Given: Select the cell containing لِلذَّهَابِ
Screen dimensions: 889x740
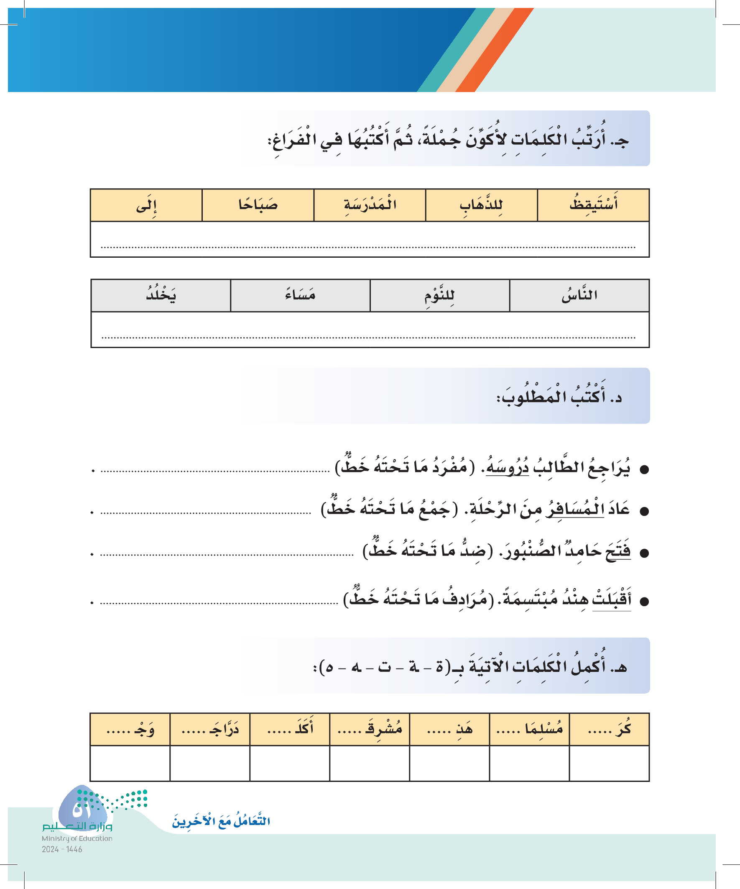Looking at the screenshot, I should pos(481,205).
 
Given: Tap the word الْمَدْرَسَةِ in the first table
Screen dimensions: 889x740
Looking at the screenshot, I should pos(370,205).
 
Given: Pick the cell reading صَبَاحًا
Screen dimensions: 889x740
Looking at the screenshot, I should pos(258,205).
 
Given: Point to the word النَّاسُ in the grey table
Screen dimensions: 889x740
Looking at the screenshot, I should pos(579,295).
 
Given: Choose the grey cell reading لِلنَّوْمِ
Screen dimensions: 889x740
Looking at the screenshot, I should pos(439,295).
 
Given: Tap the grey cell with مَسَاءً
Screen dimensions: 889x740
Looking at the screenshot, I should pos(300,295).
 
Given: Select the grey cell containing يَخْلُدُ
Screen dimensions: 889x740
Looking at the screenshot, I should pos(161,295).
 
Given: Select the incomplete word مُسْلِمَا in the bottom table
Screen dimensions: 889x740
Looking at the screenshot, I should pos(544,729).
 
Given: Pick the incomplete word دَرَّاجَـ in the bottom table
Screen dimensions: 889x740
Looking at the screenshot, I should pos(224,729).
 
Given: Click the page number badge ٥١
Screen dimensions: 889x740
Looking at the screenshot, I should pos(83,810).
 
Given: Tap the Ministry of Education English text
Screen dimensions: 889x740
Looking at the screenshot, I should pos(77,838).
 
